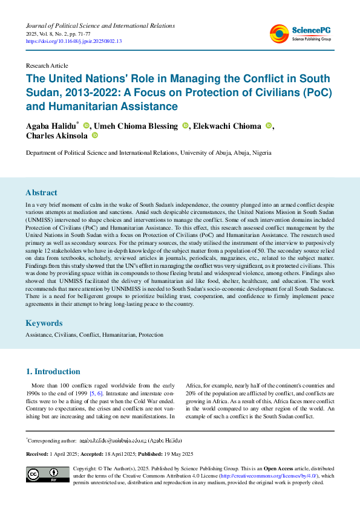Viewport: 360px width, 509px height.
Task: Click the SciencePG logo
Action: [300, 34]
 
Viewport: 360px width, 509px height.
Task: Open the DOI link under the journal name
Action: [73, 42]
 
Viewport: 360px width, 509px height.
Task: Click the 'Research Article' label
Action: [47, 65]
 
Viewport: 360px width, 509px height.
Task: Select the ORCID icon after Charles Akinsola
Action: [94, 137]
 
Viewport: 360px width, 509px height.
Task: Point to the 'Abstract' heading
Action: [41, 193]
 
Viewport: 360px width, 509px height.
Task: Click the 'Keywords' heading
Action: [44, 323]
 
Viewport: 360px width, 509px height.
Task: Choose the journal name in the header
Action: [100, 26]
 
